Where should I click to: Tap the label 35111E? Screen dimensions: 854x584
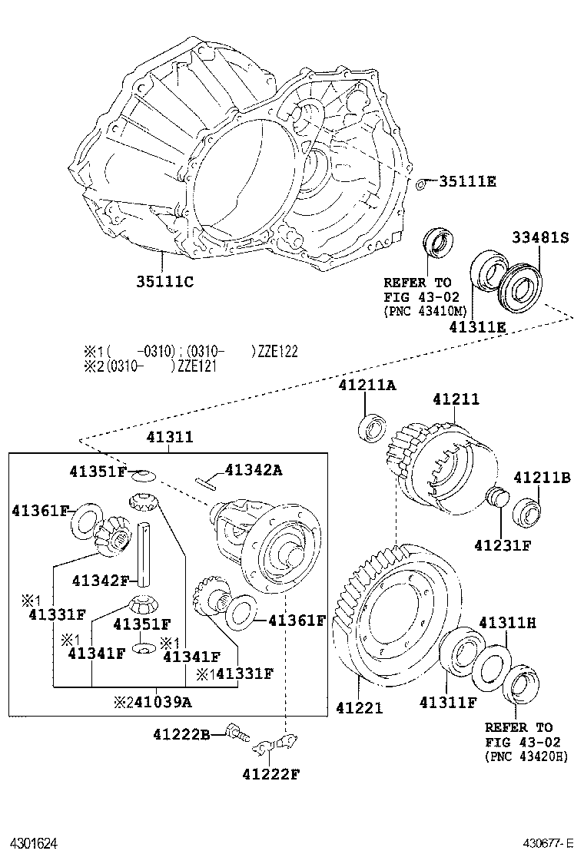click(467, 181)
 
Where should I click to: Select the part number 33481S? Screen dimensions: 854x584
click(540, 238)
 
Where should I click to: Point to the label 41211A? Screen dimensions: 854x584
click(367, 386)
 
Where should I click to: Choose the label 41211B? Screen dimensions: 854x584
click(542, 478)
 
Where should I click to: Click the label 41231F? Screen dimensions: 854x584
click(503, 546)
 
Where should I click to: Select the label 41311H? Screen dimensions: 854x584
click(507, 622)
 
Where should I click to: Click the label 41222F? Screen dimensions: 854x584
click(270, 773)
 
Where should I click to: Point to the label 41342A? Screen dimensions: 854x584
click(254, 470)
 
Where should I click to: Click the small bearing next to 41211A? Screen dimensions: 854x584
click(372, 427)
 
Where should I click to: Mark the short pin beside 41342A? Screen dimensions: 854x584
click(207, 482)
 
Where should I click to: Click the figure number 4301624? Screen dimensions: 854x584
click(34, 842)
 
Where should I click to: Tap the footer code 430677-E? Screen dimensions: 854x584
click(549, 842)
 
